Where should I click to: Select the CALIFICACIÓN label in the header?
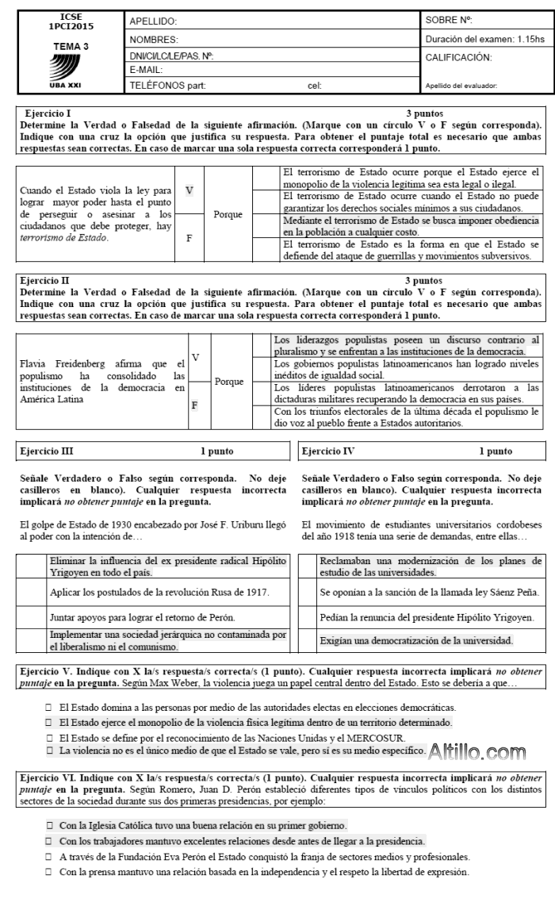(459, 57)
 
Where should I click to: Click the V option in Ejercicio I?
(189, 190)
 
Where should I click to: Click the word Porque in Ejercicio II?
(229, 382)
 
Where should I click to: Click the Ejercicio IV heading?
(328, 451)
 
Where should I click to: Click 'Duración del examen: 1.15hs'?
(484, 39)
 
